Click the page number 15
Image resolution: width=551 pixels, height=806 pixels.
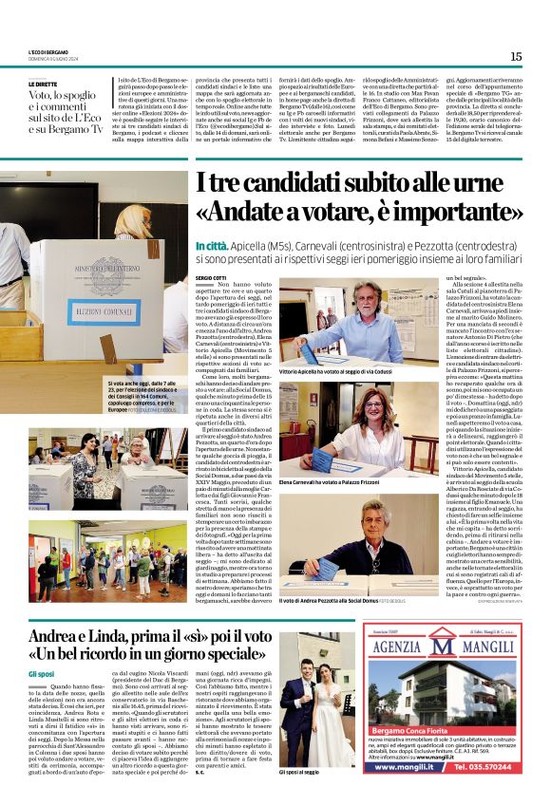tap(516, 56)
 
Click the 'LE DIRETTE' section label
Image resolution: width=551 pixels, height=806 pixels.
tap(44, 84)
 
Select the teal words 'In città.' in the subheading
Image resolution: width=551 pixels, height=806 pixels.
tap(211, 244)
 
